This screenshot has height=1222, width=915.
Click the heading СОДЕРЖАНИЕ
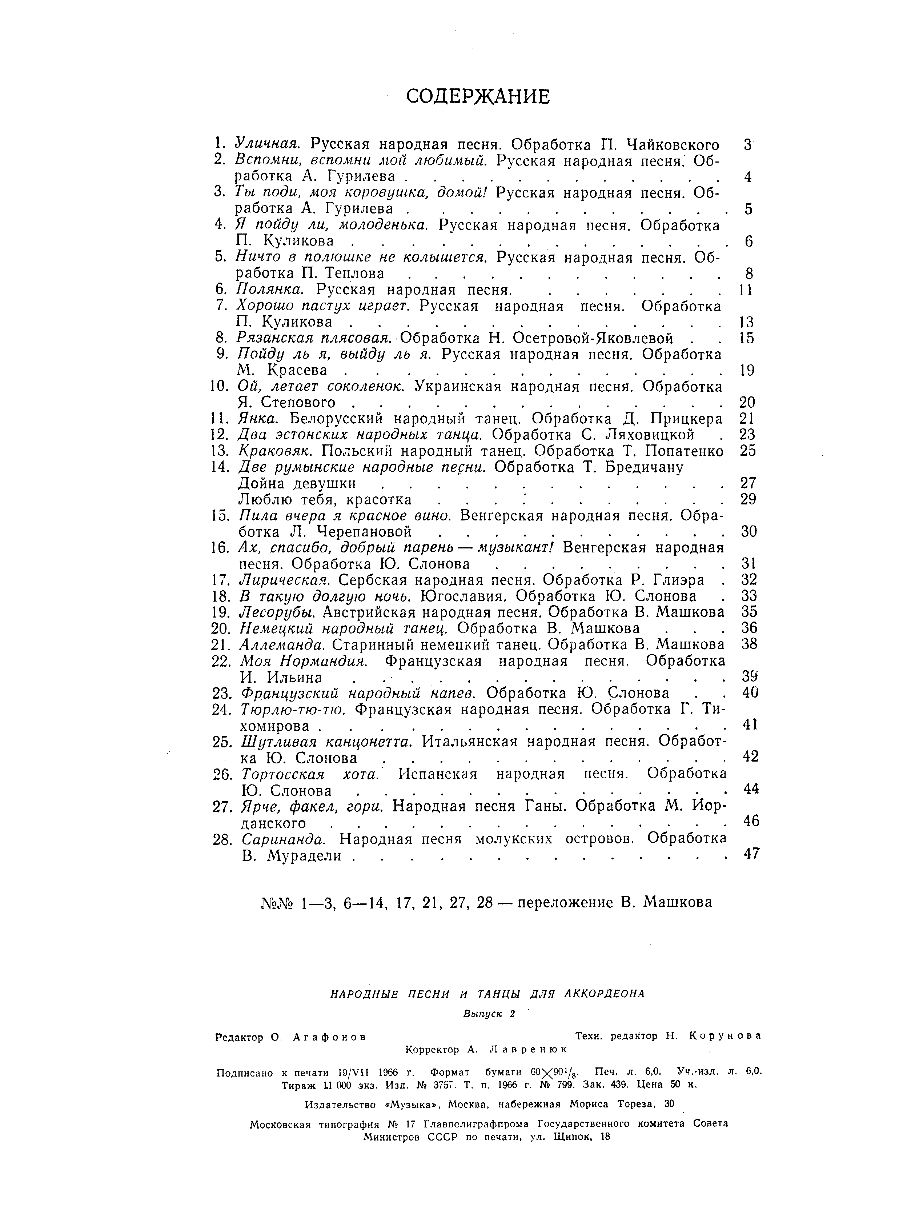(478, 97)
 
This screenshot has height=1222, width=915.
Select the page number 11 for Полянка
(746, 289)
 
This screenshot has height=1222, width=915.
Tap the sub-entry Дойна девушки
(297, 483)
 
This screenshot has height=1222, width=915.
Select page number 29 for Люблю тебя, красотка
(747, 499)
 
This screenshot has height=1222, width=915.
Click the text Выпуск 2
(489, 1014)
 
